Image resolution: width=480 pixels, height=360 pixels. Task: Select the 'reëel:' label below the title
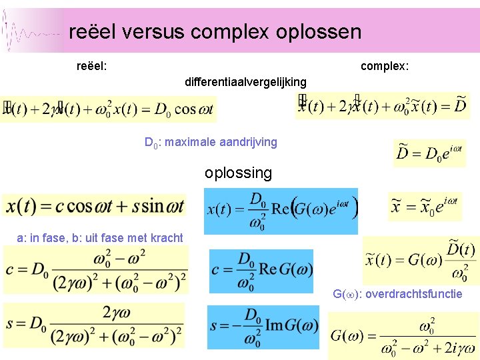93,66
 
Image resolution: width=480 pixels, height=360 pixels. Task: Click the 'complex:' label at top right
385,66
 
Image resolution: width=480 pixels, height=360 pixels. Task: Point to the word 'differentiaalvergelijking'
245,82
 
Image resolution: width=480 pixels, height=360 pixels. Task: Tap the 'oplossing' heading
239,173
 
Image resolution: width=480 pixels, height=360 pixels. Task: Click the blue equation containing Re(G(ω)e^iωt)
281,211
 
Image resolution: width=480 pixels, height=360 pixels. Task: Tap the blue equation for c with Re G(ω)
261,271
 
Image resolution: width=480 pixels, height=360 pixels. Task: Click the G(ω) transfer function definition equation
403,337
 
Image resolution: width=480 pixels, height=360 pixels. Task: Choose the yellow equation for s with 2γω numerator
94,325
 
